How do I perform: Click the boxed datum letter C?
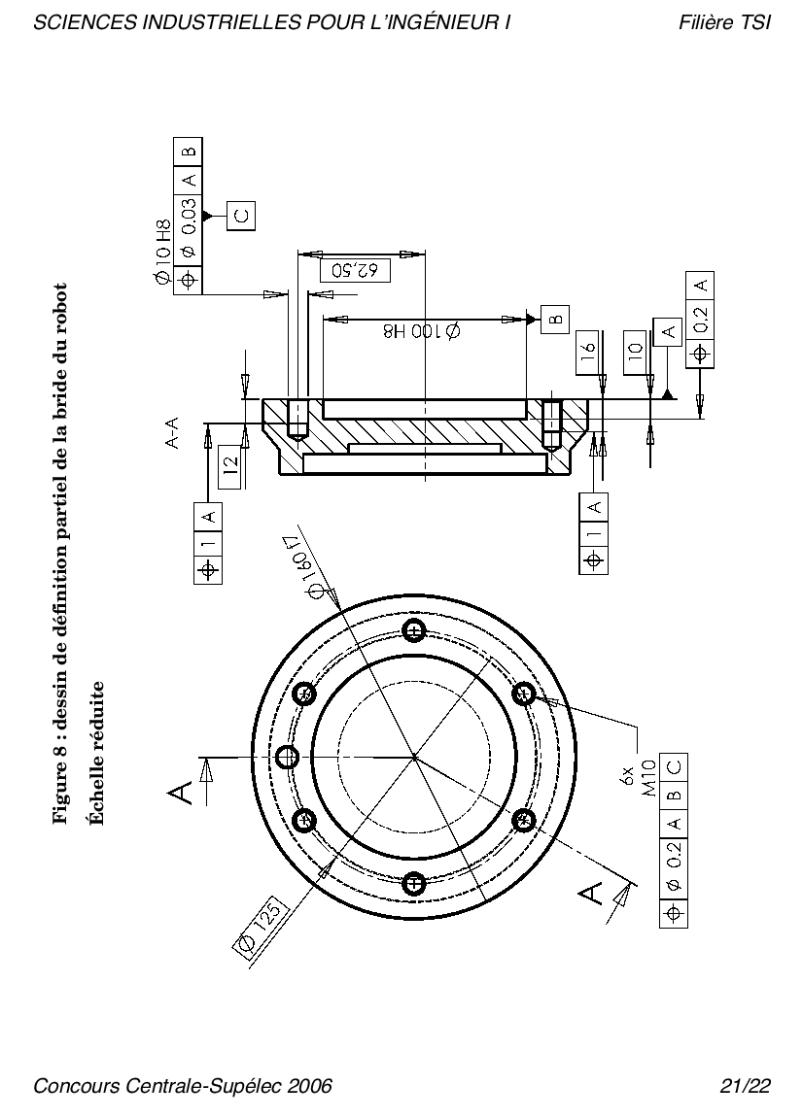pyautogui.click(x=241, y=215)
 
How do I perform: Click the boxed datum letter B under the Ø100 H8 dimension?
pyautogui.click(x=555, y=319)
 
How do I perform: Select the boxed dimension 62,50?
pyautogui.click(x=360, y=271)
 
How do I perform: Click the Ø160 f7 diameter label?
pyautogui.click(x=310, y=565)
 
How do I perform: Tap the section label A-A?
pyautogui.click(x=171, y=433)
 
